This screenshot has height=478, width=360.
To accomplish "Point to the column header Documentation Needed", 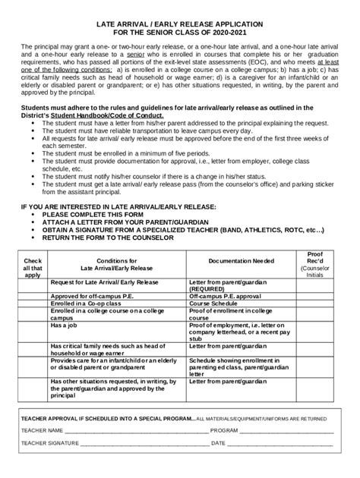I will pyautogui.click(x=242, y=260).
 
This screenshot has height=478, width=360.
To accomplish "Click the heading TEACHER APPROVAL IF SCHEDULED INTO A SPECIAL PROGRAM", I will pyautogui.click(x=106, y=418).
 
